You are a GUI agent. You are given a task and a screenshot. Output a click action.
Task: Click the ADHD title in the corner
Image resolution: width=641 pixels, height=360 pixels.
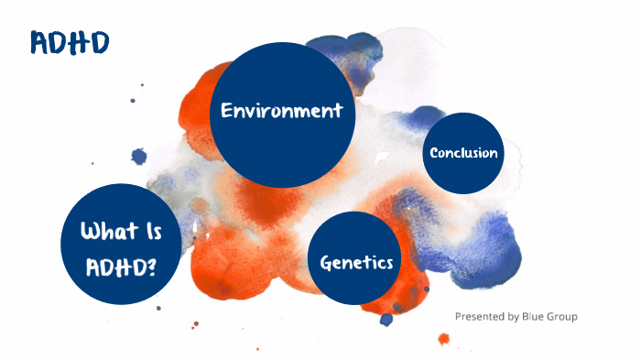click(70, 42)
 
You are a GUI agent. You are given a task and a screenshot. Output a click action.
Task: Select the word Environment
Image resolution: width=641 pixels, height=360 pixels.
click(282, 111)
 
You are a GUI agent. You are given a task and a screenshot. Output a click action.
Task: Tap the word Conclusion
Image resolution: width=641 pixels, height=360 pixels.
click(464, 153)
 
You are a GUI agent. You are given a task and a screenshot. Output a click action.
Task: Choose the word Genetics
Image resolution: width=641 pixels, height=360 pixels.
click(356, 263)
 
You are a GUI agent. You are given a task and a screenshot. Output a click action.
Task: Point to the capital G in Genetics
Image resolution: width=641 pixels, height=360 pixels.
click(326, 263)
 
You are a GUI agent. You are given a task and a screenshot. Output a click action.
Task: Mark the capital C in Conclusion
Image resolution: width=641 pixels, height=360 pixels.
click(435, 153)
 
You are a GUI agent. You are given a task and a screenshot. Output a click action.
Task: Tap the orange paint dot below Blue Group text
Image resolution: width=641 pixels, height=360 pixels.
click(444, 339)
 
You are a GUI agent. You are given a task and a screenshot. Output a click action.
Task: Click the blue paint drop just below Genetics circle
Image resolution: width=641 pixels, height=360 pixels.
click(386, 319)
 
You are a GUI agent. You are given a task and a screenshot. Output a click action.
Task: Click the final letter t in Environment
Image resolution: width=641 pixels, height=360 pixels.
click(338, 111)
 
